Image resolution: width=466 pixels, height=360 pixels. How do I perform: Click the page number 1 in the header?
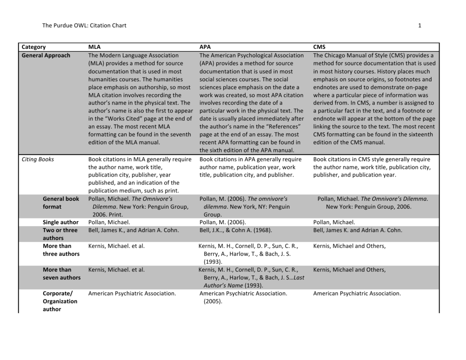pyautogui.click(x=420, y=25)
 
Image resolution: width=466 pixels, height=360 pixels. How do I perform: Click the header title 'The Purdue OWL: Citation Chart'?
pyautogui.click(x=84, y=25)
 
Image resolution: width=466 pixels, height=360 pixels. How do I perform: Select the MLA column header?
pyautogui.click(x=95, y=47)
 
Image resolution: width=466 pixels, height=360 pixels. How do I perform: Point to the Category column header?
pyautogui.click(x=34, y=47)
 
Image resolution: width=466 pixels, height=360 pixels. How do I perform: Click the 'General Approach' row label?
pyautogui.click(x=46, y=56)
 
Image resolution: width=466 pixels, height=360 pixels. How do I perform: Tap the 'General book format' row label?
pyautogui.click(x=61, y=203)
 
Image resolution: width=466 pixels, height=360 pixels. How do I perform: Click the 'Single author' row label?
pyautogui.click(x=61, y=222)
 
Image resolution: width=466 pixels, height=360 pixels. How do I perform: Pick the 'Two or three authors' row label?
pyautogui.click(x=60, y=234)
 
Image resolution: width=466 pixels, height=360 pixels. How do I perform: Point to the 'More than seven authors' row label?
pyautogui.click(x=61, y=274)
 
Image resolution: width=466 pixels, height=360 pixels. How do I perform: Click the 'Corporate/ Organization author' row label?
pyautogui.click(x=60, y=301)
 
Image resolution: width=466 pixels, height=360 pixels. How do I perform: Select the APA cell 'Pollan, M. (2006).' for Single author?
pyautogui.click(x=223, y=222)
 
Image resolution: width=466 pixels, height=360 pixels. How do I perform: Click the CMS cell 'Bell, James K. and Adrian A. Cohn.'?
pyautogui.click(x=358, y=230)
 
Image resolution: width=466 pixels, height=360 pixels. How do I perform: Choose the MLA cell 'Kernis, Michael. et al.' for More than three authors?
pyautogui.click(x=116, y=246)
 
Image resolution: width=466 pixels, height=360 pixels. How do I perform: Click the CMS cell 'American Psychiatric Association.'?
pyautogui.click(x=357, y=294)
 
